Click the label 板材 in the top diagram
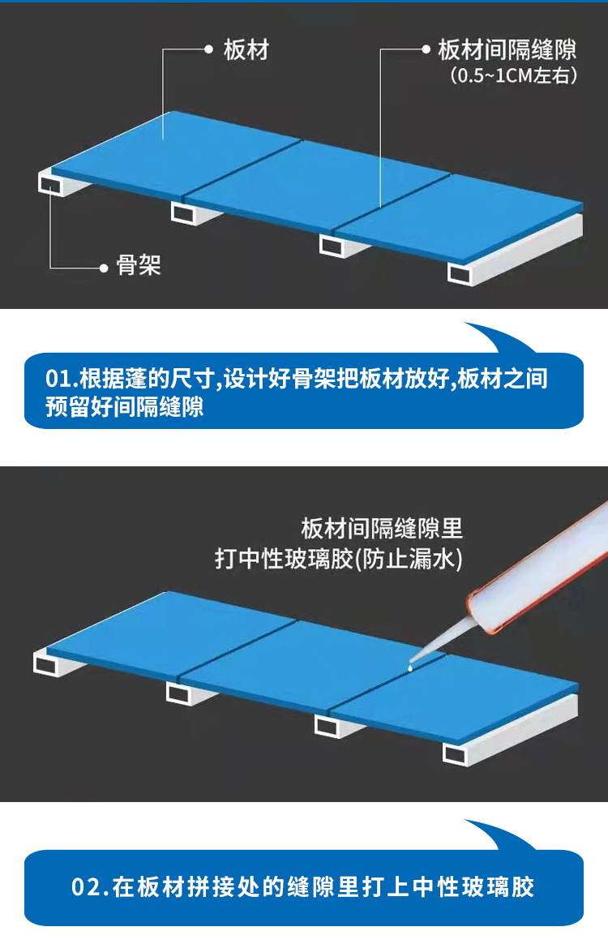click(x=246, y=50)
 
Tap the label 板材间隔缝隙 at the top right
click(x=507, y=50)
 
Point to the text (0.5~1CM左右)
click(x=513, y=76)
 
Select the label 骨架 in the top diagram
click(x=139, y=265)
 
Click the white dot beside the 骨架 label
click(x=103, y=267)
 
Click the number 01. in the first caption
click(x=62, y=379)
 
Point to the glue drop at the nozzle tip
click(x=411, y=667)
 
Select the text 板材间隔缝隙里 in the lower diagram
click(x=381, y=529)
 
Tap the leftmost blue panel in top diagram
click(x=170, y=154)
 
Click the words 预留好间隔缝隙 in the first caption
click(x=124, y=406)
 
